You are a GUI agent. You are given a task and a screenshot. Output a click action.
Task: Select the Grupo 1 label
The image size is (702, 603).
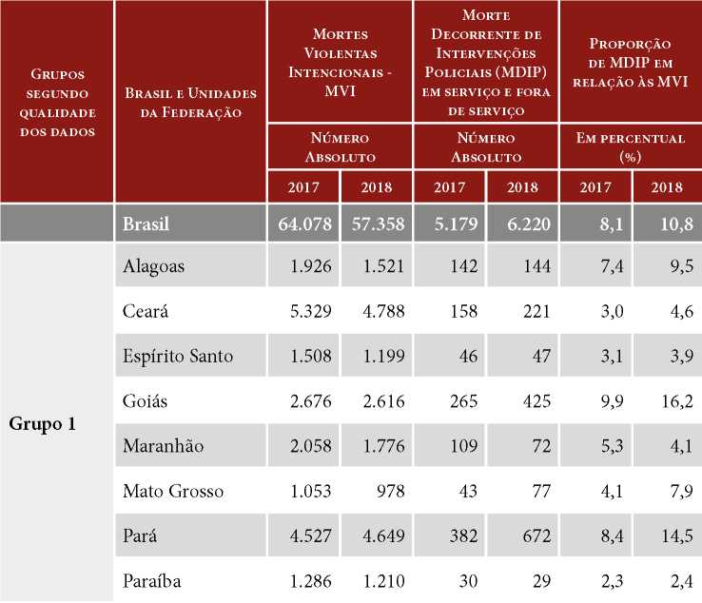[43, 422]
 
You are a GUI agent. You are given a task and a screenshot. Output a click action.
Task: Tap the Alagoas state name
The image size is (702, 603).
[154, 267]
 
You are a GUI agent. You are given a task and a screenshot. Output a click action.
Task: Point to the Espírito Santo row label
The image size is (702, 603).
[178, 357]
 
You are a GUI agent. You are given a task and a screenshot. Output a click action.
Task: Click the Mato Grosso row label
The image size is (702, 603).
[173, 491]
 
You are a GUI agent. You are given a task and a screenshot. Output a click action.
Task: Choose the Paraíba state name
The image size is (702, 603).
[152, 580]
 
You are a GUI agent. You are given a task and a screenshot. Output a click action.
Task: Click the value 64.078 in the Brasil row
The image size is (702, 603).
[302, 224]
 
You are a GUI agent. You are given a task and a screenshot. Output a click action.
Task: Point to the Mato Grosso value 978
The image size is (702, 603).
[390, 491]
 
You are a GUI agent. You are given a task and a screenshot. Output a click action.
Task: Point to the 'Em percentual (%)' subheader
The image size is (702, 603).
[630, 146]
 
